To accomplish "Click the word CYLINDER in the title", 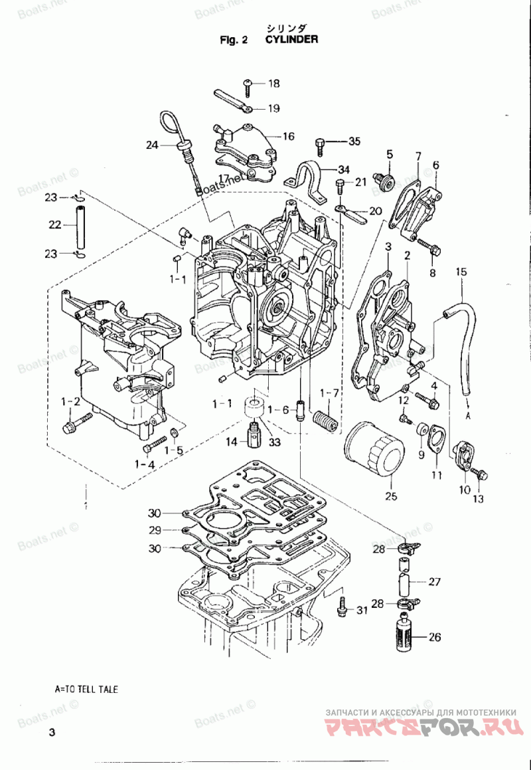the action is point(291,39).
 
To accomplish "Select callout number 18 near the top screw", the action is point(274,84).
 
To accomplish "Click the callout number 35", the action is point(354,142).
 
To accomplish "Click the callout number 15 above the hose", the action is point(461,272).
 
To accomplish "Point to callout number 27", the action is point(435,582).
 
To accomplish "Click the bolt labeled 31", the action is point(342,608).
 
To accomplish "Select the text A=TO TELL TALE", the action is point(86,690).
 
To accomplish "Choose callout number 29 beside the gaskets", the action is point(155,530).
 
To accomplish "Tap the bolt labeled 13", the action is point(479,474).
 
